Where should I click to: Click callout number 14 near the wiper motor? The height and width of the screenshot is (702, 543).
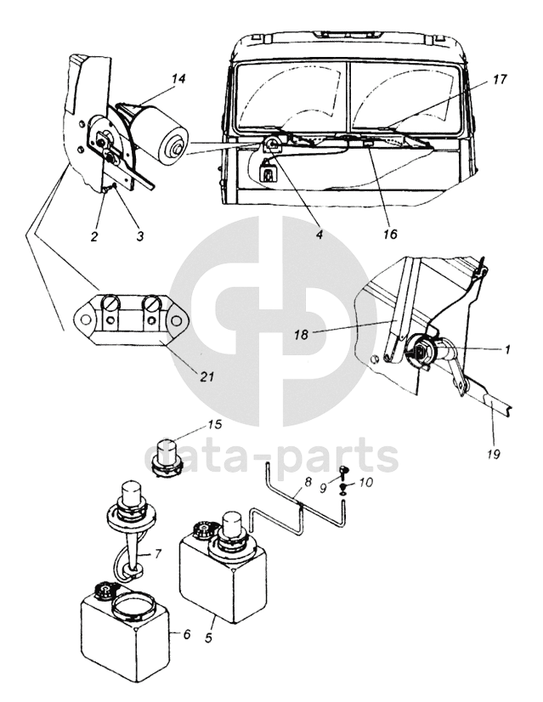point(178,79)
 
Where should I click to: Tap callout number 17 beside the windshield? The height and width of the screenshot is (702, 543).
point(500,79)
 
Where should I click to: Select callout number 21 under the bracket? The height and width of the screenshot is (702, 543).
point(206,377)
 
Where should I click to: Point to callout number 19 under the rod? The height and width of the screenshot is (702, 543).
point(494,454)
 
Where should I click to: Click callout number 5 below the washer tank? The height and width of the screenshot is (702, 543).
point(208,637)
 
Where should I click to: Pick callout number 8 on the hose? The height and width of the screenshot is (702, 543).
point(308,483)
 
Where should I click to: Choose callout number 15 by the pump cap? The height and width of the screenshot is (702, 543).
point(215,424)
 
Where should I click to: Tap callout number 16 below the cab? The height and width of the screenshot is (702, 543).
point(390,234)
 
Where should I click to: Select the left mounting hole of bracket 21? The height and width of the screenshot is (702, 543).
point(85,320)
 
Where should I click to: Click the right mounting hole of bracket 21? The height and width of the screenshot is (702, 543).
point(178,320)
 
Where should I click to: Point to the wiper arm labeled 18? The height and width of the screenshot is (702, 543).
point(403,309)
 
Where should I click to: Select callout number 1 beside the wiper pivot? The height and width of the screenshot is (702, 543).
point(506,348)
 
